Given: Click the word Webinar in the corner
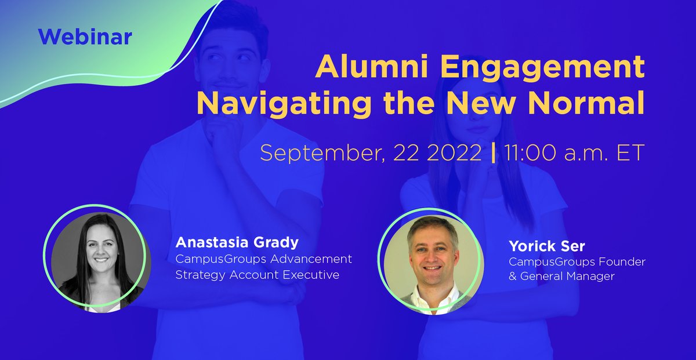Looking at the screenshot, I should tap(85, 38).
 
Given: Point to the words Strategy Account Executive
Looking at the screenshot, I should tap(257, 275).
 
